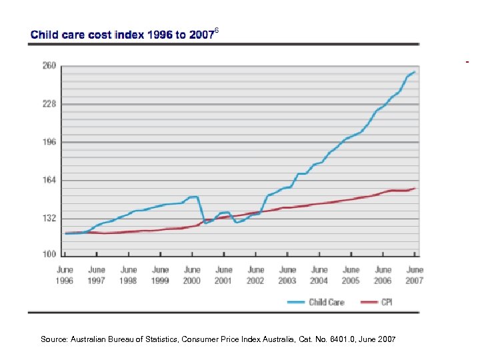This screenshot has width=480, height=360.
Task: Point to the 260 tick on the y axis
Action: (x=49, y=66)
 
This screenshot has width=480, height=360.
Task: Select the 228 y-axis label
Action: (x=49, y=104)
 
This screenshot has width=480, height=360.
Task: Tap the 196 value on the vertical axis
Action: (x=49, y=142)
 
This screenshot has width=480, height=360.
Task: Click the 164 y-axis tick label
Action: (x=49, y=180)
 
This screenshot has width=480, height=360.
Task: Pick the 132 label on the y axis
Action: (x=49, y=218)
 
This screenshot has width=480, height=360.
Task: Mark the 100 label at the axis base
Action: (x=49, y=255)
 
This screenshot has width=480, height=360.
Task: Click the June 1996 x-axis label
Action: (x=65, y=275)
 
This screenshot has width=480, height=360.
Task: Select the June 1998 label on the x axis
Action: (x=128, y=275)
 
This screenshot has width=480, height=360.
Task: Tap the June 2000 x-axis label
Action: (x=192, y=275)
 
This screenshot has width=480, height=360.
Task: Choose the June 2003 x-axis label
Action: (x=287, y=275)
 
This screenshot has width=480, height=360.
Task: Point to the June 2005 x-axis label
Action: (x=351, y=275)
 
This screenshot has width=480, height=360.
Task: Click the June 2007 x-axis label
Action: (x=415, y=275)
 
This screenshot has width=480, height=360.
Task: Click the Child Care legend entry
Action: (x=317, y=302)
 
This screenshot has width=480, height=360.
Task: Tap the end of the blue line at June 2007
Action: (x=415, y=72)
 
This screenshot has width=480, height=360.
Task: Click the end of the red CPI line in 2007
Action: (x=415, y=188)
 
